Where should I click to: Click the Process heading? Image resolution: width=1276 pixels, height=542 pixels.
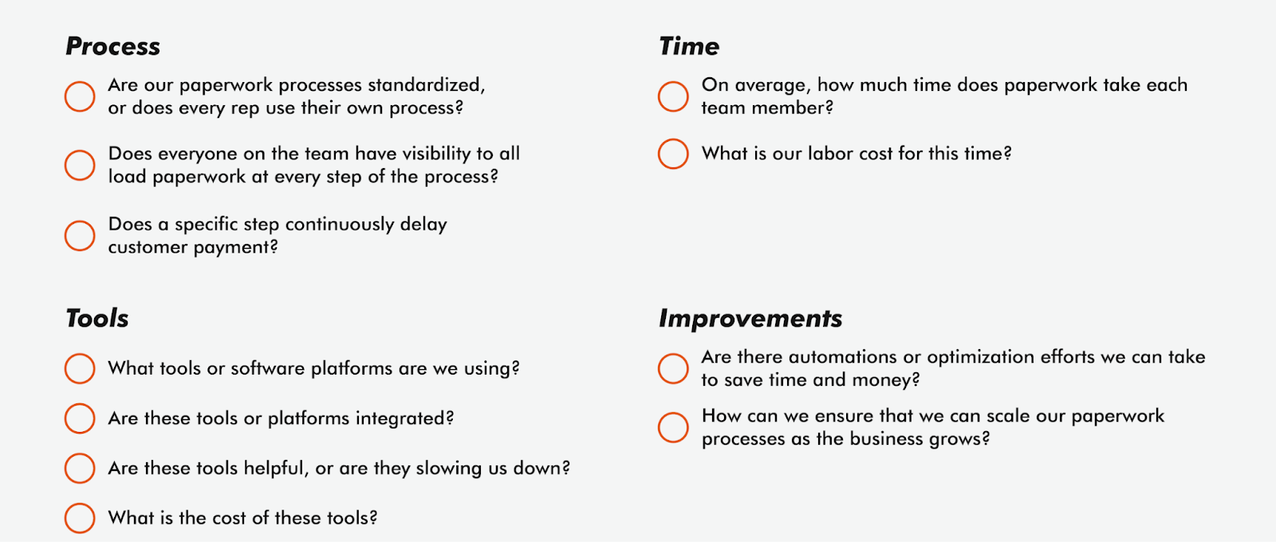112,46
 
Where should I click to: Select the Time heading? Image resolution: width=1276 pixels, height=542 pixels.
689,46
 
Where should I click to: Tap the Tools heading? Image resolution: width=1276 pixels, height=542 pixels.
96,318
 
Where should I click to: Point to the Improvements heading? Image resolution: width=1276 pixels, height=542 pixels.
750,319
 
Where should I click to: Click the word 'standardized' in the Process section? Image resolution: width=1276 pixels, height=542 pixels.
426,85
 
